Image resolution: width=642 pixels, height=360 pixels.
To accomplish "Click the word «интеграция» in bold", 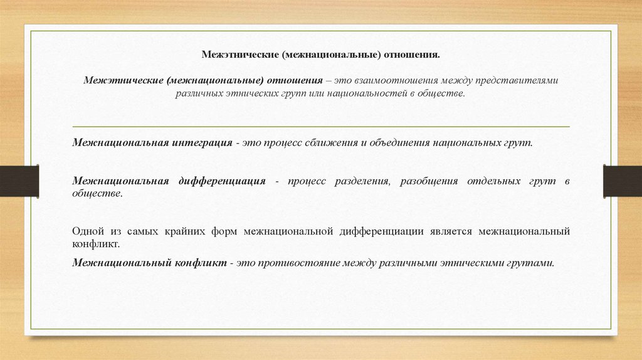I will (x=201, y=142).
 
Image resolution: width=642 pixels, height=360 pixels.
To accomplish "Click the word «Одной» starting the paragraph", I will (x=86, y=231).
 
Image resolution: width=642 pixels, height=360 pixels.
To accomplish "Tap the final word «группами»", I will (x=531, y=263).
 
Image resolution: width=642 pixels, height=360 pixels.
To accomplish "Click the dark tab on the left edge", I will (x=19, y=181).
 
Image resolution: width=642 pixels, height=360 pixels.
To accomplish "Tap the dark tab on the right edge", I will (x=622, y=181).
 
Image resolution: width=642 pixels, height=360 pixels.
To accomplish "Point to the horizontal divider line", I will (x=321, y=127).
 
